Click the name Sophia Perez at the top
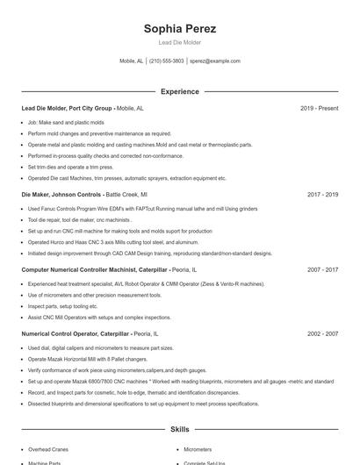[x=179, y=29]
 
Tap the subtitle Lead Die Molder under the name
[x=179, y=42]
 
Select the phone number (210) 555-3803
[x=167, y=61]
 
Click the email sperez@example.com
[x=214, y=61]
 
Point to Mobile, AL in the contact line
[x=132, y=61]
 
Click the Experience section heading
[x=179, y=91]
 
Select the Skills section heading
[x=179, y=430]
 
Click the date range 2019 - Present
[x=319, y=108]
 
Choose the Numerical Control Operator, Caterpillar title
[x=76, y=334]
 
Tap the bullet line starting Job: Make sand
[x=66, y=122]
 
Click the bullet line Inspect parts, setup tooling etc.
[x=62, y=306]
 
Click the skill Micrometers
[x=198, y=447]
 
